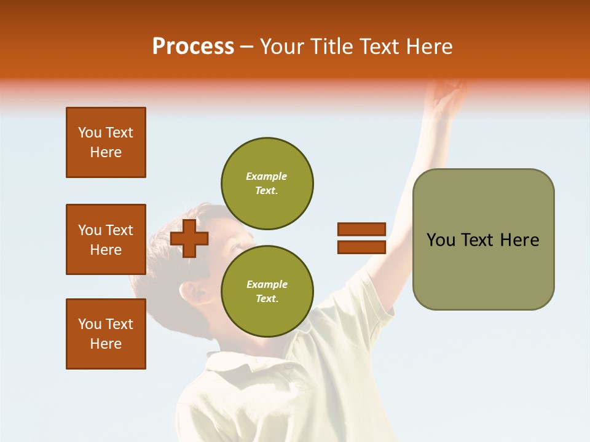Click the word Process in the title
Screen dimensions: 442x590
coord(193,47)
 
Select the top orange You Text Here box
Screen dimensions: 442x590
coord(106,142)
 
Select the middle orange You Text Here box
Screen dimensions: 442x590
coord(106,239)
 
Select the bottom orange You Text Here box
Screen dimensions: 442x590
coord(106,334)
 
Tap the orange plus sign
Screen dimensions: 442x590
coord(189,238)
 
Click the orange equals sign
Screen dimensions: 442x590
coord(361,238)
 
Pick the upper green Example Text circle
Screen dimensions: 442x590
coord(267,184)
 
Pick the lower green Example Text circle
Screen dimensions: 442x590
coord(267,292)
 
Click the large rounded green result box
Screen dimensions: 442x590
coord(483,239)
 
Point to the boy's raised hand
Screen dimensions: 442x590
coord(449,98)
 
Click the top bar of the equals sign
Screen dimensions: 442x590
coord(361,230)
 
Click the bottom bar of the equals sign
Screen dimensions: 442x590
coord(361,247)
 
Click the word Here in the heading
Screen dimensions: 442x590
coord(428,47)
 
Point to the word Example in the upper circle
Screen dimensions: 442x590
coord(267,176)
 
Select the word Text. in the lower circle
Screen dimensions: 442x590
coord(267,299)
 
